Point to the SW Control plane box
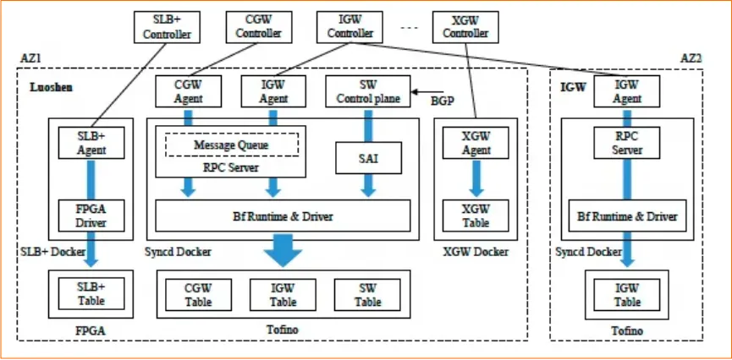pos(368,91)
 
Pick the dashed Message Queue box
pos(231,145)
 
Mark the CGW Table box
pos(198,294)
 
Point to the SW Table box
pos(367,294)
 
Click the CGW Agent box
pos(187,91)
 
